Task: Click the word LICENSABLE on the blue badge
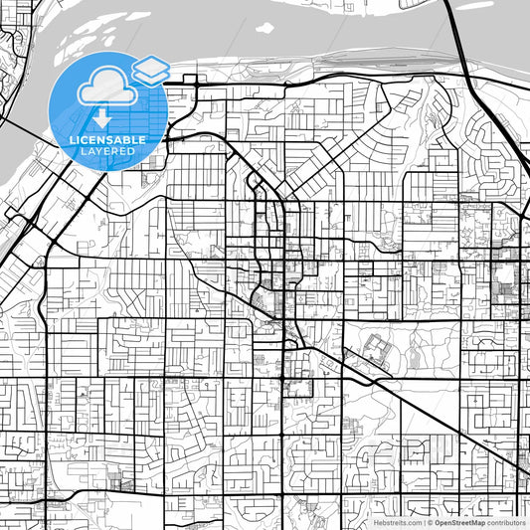[x=106, y=140]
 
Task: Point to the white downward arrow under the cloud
[x=102, y=118]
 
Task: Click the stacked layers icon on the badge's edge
[x=149, y=70]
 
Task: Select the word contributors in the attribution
[x=507, y=522]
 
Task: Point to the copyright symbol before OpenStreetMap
[x=430, y=522]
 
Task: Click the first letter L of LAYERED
[x=84, y=151]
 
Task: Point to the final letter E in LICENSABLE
[x=143, y=140]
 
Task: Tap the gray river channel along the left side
[x=25, y=149]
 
